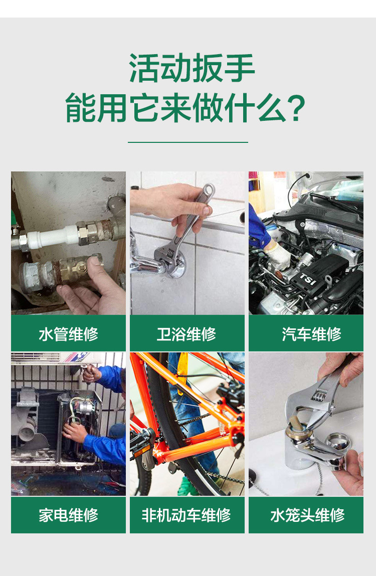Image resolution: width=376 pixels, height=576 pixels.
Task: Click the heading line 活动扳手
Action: coord(192,68)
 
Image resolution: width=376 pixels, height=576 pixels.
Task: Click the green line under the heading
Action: coord(188,142)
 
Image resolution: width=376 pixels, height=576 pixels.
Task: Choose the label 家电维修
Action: coord(68,515)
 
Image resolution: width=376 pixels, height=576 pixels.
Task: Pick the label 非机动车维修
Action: coord(186,515)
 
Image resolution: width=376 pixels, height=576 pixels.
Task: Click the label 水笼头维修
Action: coord(307,515)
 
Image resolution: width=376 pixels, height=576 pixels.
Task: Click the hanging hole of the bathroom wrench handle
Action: coord(209,190)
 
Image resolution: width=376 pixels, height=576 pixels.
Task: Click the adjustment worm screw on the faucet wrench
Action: coord(319,397)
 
